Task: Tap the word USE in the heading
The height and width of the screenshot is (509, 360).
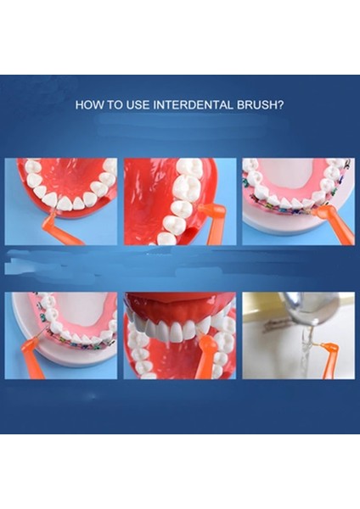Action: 133,106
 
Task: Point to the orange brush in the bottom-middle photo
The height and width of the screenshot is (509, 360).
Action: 205,356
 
